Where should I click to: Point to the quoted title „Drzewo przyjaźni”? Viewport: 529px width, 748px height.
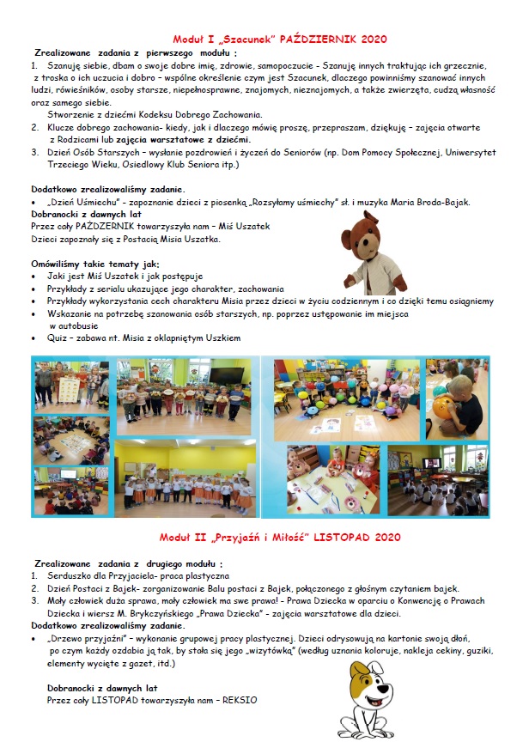point(85,640)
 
